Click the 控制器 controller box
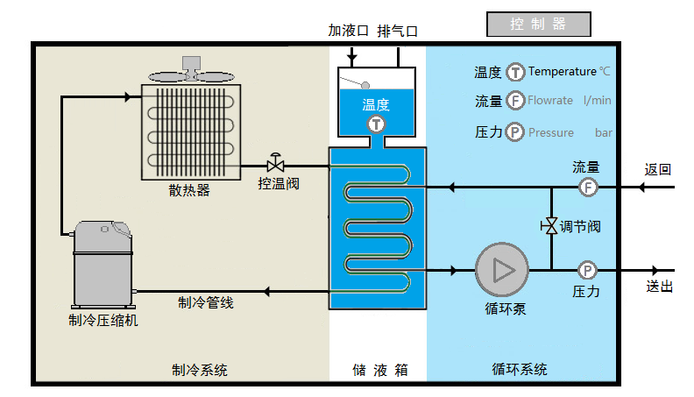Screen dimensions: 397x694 539,25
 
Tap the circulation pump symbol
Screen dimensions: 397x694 502,270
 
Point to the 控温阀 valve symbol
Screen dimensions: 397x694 276,165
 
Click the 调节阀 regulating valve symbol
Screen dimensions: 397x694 550,226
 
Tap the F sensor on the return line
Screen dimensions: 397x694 587,187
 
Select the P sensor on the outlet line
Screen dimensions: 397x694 587,270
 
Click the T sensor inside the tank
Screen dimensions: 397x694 376,124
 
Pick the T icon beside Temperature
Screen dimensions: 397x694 516,72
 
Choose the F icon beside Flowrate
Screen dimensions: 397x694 516,101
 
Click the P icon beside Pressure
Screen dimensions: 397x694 516,132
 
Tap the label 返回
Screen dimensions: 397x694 658,169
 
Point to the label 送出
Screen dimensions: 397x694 658,287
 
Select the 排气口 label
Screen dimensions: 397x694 397,31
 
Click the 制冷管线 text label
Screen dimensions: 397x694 206,302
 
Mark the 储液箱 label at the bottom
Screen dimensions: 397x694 378,370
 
